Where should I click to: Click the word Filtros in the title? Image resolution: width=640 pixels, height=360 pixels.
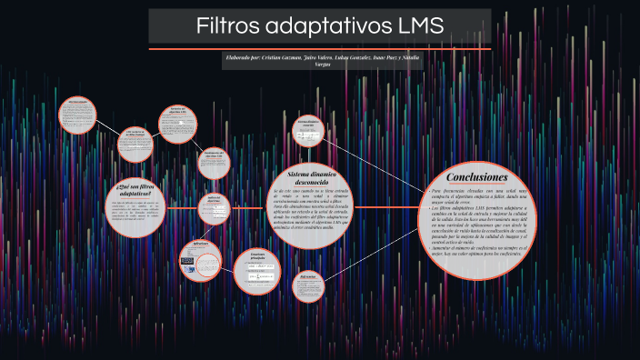[227, 26]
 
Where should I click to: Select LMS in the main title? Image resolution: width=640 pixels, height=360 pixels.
[414, 26]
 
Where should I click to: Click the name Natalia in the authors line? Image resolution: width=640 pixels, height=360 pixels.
[410, 57]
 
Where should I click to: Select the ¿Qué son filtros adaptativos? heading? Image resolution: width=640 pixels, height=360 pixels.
[135, 190]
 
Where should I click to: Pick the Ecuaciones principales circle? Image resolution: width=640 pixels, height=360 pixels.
[256, 271]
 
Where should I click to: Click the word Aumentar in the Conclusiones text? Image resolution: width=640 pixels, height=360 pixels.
[443, 248]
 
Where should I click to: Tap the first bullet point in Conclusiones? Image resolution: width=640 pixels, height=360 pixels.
[426, 192]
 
